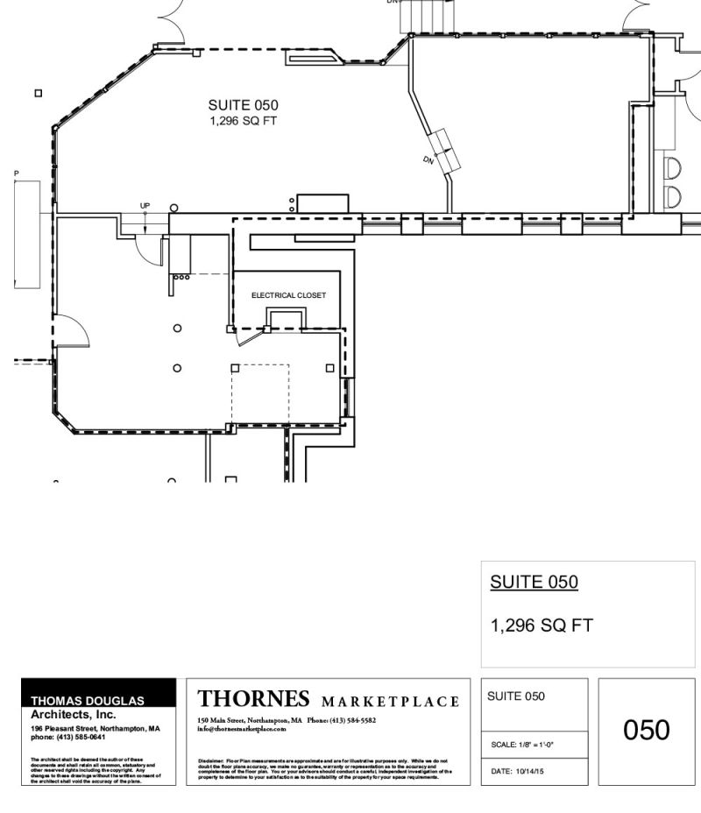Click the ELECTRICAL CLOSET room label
pos(288,295)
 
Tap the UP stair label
pos(145,206)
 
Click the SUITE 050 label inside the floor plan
pos(243,105)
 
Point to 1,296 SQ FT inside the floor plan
pos(243,121)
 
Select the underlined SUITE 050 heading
pos(534,583)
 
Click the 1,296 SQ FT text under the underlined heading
pos(542,626)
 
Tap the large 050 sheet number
pos(647,730)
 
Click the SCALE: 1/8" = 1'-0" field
pos(522,745)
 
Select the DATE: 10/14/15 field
pos(518,771)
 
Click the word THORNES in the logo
pos(254,699)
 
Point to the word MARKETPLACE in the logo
pos(390,702)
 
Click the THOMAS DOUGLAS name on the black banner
pos(88,701)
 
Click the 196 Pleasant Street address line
pos(96,728)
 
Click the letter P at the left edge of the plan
pos(16,174)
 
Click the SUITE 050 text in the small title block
pos(516,696)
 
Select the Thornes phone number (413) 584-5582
pos(352,720)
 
